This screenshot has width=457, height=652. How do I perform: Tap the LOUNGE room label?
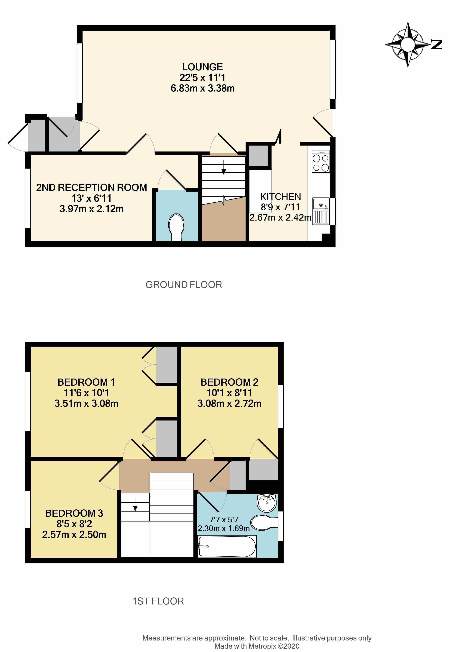point(202,67)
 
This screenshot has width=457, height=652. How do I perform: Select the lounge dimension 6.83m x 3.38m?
point(202,88)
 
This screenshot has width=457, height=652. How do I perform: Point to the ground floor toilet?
point(176,227)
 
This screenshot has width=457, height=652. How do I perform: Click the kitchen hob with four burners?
point(320,162)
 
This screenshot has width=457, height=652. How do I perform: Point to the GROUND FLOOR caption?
point(184,285)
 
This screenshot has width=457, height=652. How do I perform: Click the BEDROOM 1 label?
point(86,382)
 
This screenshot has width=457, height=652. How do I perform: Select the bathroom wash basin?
point(267,503)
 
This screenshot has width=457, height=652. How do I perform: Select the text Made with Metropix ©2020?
point(257,646)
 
